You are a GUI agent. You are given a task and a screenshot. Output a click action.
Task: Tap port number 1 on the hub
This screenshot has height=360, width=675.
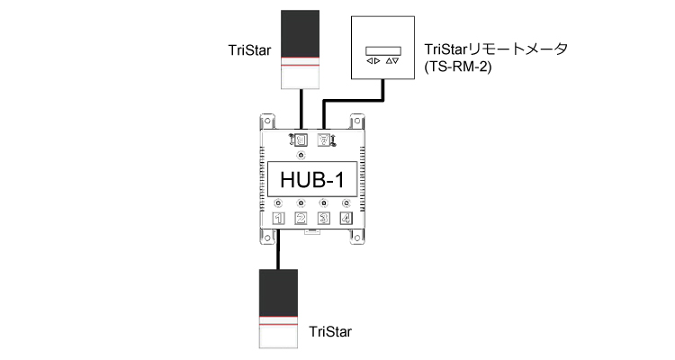pos(278,219)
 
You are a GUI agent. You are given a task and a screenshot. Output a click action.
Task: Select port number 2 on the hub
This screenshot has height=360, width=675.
pos(301,219)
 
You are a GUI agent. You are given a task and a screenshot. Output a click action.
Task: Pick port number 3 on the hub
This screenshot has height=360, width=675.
pos(325,219)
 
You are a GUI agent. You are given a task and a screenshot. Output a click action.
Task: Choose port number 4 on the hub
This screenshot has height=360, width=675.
pos(347,219)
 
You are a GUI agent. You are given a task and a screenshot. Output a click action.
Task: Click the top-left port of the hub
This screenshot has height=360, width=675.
pos(300,139)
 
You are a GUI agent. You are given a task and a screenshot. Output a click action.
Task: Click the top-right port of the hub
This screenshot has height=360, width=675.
pos(325,139)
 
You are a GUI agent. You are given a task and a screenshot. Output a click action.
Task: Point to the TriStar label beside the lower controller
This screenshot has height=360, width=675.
pos(330,332)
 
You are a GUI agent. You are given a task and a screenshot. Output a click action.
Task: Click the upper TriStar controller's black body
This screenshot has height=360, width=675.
pos(301,33)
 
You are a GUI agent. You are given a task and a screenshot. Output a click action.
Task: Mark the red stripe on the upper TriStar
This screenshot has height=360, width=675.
pos(301,65)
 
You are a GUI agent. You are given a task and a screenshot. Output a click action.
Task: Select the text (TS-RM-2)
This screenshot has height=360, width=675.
pos(453,66)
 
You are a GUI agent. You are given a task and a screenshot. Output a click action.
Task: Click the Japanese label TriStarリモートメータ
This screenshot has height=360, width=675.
pos(494,50)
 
